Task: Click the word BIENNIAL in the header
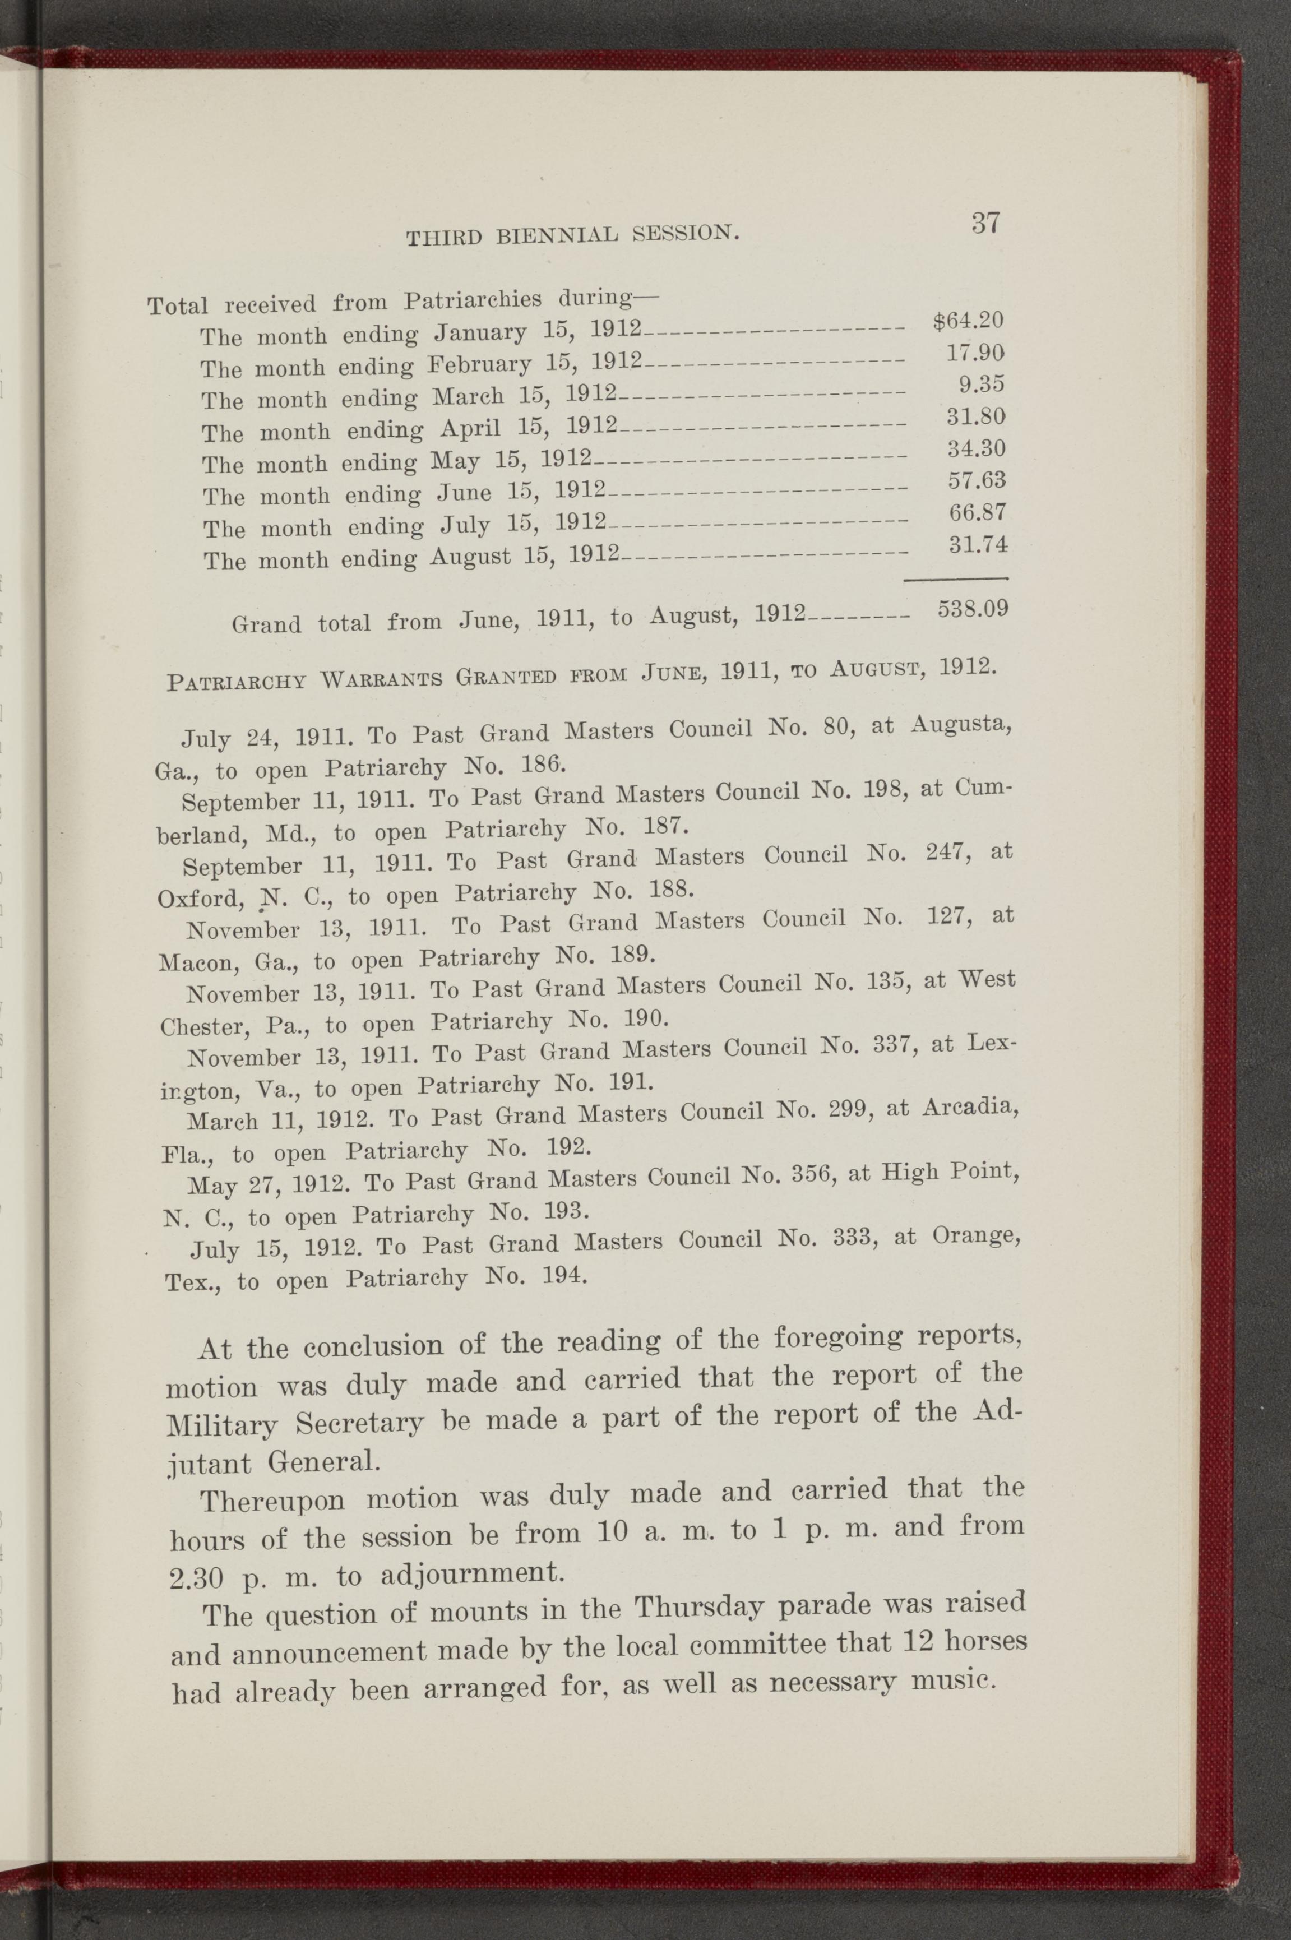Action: click(557, 235)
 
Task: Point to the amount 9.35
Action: click(982, 385)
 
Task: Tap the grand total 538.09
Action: click(973, 610)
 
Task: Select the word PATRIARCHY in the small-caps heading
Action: click(237, 682)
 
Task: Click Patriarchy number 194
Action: click(565, 1276)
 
